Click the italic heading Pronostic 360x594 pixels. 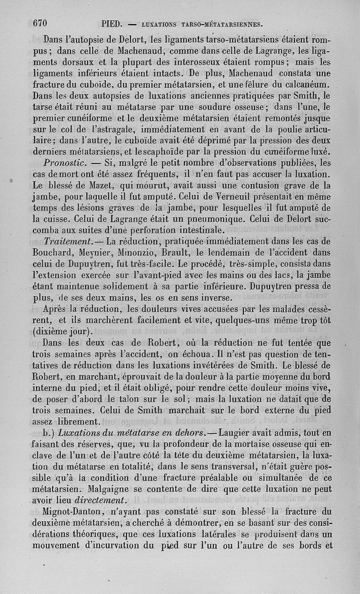66,162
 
